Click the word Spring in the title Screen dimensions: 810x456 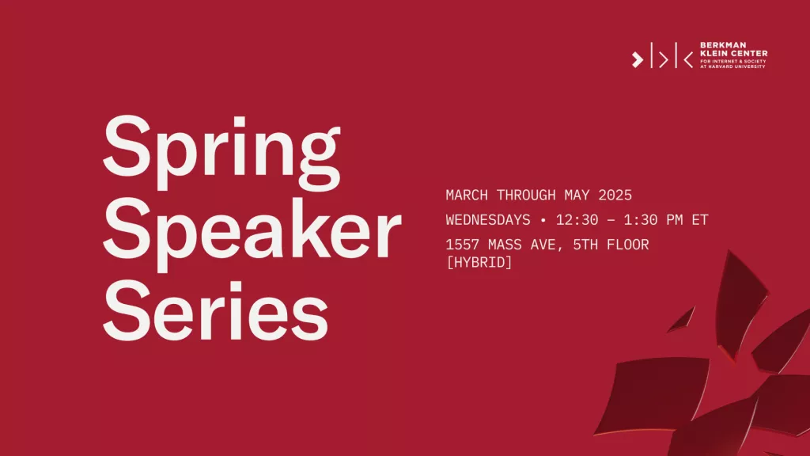pos(221,152)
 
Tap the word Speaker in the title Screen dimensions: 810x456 pos(252,234)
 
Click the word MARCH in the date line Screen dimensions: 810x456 pos(467,195)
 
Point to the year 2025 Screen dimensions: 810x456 pos(615,195)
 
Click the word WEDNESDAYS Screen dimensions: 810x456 pos(488,220)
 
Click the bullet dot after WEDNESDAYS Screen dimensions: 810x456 pos(543,220)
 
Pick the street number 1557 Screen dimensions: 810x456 pos(462,245)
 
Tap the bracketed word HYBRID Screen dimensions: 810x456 pos(479,262)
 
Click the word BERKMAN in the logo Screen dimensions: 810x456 pos(716,45)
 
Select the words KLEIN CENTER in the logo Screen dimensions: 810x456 pos(733,53)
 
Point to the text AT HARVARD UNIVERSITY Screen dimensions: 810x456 pos(732,66)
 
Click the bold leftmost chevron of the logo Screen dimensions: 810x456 pos(638,59)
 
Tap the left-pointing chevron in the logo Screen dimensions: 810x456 pos(688,59)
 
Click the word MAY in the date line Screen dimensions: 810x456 pos(577,195)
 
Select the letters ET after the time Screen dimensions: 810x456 pos(700,220)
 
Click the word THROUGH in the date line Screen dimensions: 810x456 pos(526,195)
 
